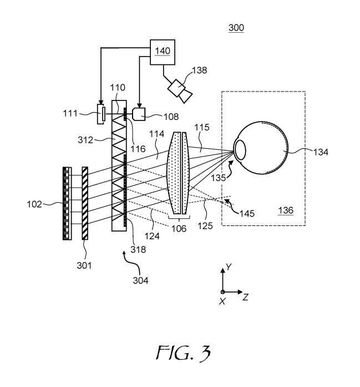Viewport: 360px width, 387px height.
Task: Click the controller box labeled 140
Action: [163, 51]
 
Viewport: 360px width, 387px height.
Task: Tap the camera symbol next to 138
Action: [181, 89]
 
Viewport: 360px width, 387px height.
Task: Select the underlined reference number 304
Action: [140, 280]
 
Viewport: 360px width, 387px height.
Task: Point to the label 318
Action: [139, 250]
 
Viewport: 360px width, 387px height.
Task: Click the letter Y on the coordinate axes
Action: [228, 267]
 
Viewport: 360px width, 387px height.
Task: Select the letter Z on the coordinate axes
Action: [245, 298]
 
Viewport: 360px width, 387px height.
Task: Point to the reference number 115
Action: [202, 128]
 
